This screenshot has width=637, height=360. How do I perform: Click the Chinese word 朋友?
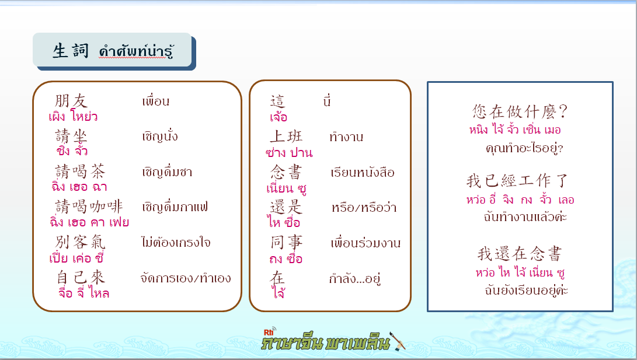(x=71, y=101)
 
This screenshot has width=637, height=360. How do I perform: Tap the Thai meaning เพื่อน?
(x=155, y=101)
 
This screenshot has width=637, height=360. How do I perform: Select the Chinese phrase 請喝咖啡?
(x=89, y=207)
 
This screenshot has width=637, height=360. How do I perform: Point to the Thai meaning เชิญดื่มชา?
(x=167, y=172)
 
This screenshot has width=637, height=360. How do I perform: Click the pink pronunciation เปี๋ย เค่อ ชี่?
(x=76, y=258)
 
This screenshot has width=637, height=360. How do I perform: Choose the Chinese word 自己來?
(x=81, y=278)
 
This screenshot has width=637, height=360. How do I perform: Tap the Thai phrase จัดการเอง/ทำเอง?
(x=186, y=278)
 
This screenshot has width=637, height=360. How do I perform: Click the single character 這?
(x=278, y=102)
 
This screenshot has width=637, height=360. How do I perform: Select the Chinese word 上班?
(x=287, y=137)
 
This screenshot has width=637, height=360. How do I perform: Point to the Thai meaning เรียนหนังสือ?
(x=363, y=173)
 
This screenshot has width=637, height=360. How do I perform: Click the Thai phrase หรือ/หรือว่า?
(x=364, y=207)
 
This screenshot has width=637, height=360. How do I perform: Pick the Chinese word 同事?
(x=287, y=243)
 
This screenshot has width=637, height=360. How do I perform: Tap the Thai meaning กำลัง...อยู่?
(x=354, y=278)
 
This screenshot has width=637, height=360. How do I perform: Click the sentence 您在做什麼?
(x=520, y=111)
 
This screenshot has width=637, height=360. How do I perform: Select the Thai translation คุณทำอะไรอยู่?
(x=524, y=148)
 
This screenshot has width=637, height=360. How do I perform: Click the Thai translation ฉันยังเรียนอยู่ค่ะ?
(x=527, y=290)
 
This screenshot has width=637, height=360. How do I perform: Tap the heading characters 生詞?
(x=70, y=51)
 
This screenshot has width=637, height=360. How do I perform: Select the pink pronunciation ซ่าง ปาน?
(x=289, y=153)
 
